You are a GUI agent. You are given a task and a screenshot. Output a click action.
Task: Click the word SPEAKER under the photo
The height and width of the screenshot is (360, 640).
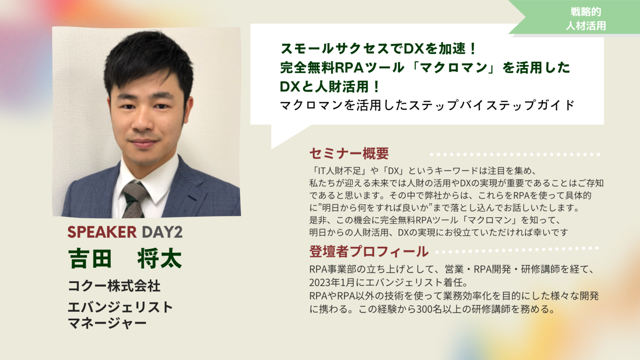102,232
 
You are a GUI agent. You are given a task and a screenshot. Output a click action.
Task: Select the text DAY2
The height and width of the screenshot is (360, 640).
162,232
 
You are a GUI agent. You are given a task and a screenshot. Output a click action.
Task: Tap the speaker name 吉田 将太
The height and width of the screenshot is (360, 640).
125,258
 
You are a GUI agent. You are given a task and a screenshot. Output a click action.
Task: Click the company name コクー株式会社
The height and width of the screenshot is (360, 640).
114,286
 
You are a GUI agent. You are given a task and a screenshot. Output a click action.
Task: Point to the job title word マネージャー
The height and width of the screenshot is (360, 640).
107,323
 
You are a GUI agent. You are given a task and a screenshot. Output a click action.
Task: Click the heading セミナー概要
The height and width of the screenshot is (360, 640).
349,153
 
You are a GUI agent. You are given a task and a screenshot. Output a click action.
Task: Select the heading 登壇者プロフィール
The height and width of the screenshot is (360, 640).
369,251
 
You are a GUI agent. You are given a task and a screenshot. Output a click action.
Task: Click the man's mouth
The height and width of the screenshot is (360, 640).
143,142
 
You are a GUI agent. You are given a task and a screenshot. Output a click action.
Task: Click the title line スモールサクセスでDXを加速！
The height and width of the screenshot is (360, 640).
378,49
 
